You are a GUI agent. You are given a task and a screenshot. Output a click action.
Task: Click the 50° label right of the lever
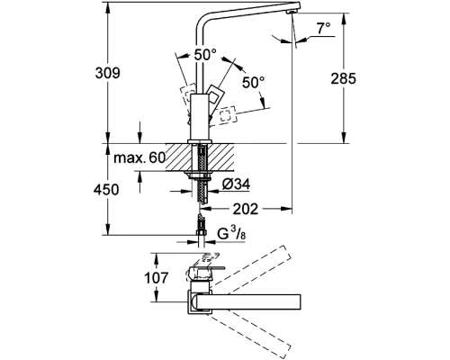pos(254,84)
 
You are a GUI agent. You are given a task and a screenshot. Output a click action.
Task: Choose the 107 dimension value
pos(158,278)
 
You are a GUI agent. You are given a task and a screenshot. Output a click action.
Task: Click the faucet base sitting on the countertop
pos(200,134)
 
